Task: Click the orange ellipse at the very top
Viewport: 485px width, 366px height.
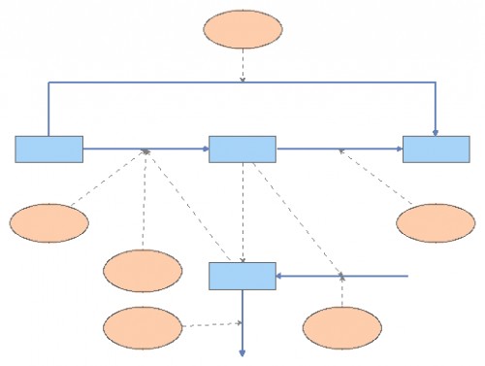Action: [242, 29]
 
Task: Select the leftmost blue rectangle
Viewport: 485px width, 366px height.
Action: [48, 149]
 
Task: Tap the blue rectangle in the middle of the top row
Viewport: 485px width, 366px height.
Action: [242, 149]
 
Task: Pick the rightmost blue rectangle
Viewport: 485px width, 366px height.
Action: [436, 149]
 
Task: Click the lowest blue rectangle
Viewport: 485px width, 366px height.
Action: [242, 276]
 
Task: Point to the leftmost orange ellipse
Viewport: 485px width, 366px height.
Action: [49, 222]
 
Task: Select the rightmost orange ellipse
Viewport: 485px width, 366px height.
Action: [436, 222]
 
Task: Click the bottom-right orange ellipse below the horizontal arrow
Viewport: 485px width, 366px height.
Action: [341, 327]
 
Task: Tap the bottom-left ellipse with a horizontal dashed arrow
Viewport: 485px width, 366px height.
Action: [142, 326]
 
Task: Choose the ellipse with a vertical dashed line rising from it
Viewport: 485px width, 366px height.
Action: [142, 270]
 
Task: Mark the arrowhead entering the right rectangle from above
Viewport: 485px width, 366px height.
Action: [436, 130]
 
